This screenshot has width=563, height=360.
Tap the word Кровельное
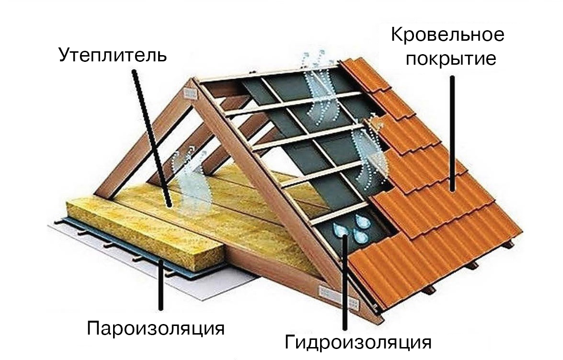click(x=448, y=35)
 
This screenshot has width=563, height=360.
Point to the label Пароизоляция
click(x=156, y=328)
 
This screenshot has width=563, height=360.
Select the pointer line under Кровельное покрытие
click(x=451, y=134)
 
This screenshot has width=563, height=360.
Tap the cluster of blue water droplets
click(x=352, y=228)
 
